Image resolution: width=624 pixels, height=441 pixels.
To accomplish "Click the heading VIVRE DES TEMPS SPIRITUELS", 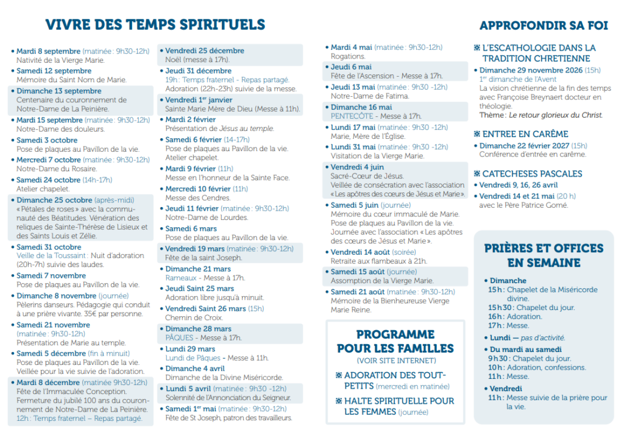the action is coord(155,24).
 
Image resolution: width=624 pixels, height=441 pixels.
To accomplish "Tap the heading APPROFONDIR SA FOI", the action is coord(544,26).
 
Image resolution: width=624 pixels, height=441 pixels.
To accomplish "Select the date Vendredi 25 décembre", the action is coord(205,51).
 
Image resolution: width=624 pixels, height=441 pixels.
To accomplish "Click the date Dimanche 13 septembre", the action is coord(59,91).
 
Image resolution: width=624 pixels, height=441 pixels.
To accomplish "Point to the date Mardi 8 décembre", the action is coord(48,383).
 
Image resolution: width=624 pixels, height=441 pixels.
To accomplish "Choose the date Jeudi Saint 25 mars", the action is coord(199,289).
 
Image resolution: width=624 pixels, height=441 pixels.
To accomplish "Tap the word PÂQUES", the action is coord(179,337).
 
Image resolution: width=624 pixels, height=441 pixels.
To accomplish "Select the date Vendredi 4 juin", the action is coord(357,167).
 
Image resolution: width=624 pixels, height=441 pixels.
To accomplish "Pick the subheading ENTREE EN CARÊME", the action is coord(525,134).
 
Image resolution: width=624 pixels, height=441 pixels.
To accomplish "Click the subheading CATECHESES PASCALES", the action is coord(532,174).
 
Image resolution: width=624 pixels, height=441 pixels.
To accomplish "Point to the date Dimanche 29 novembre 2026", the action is coord(531,71).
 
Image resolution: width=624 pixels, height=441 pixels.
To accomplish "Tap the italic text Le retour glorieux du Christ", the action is coord(556,115).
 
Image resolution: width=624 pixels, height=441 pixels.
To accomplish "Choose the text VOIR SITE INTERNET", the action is coord(396,361).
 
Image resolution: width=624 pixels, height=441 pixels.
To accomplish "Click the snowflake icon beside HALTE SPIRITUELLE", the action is coord(339,401).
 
